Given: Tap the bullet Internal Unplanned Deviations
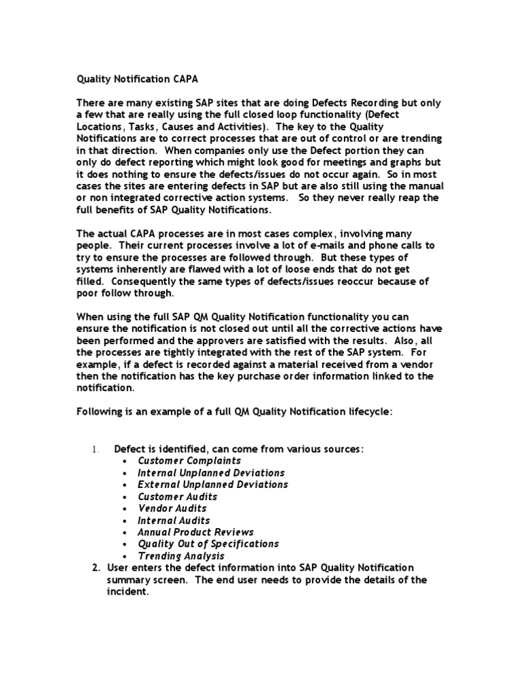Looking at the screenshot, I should click(210, 472).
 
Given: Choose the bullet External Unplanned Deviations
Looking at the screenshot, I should click(212, 485).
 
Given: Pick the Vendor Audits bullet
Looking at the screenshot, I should click(172, 508).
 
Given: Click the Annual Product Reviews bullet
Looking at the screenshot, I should click(195, 532).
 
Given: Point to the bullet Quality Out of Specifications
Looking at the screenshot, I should click(208, 544).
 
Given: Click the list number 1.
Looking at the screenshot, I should click(96, 449).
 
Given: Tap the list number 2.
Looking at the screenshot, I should click(96, 567).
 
